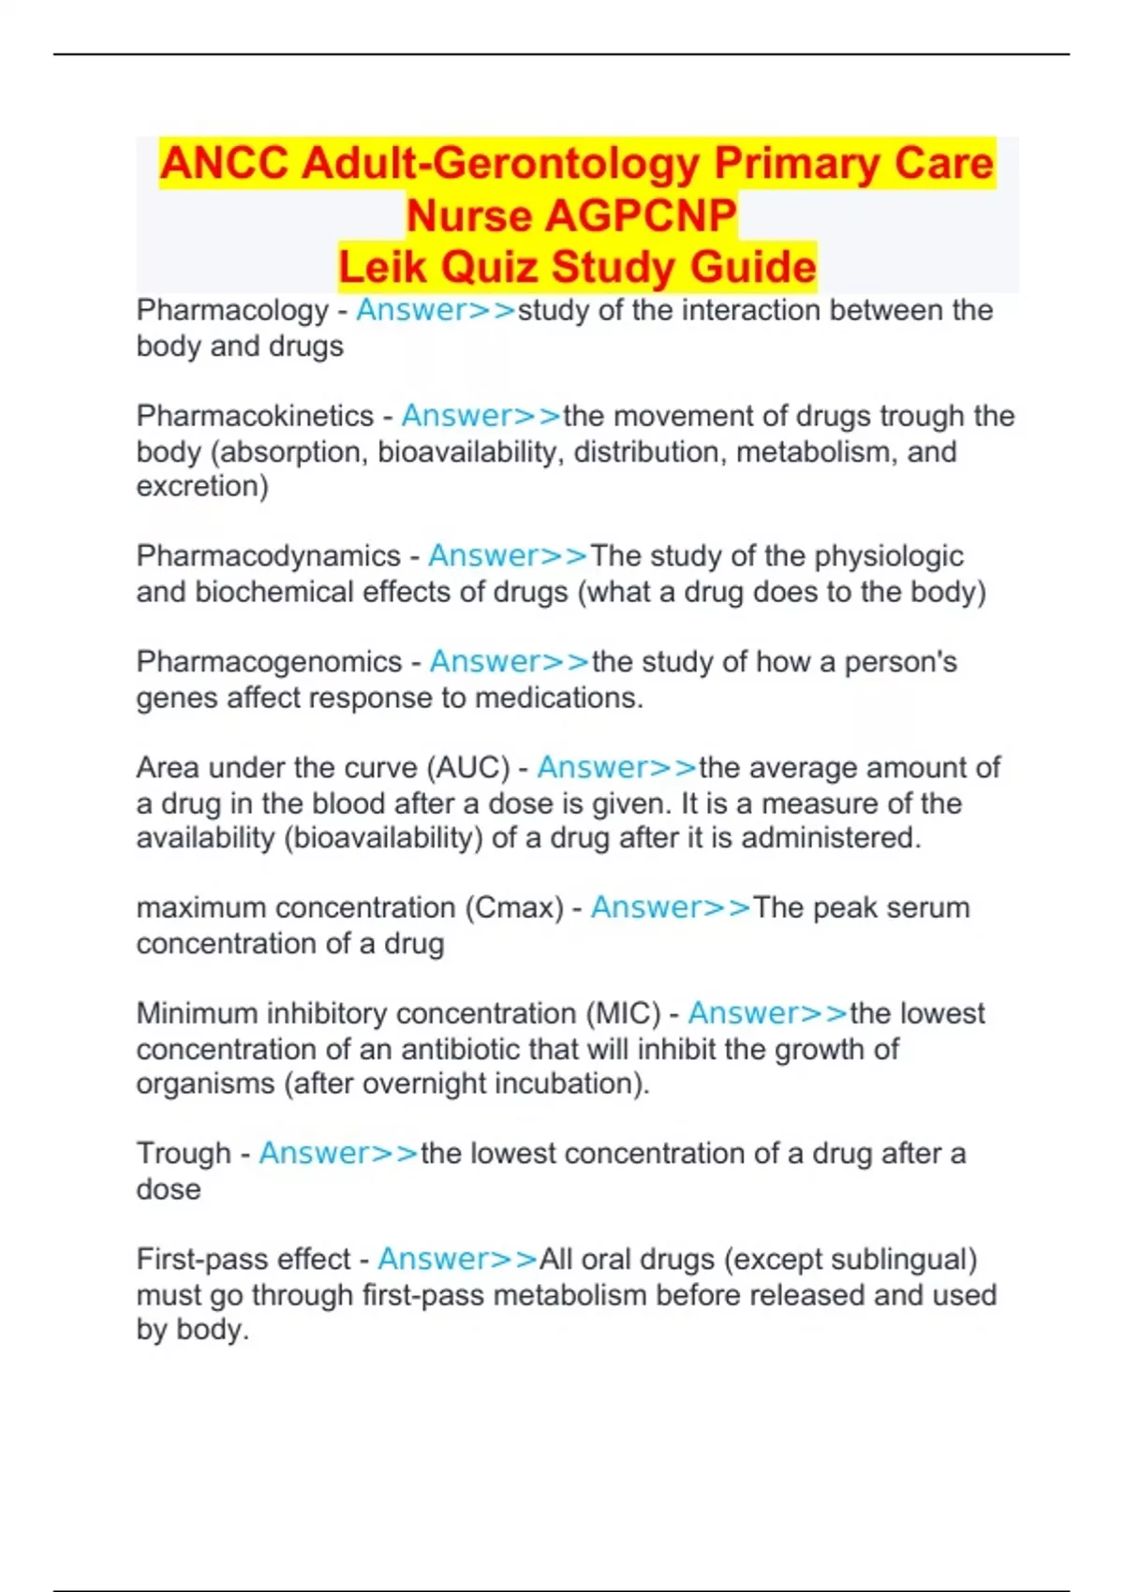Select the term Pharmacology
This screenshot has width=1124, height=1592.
tap(232, 310)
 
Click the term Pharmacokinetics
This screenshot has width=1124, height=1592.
tap(255, 416)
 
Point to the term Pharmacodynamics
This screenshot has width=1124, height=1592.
tap(268, 556)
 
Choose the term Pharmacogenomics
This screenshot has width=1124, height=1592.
tap(269, 662)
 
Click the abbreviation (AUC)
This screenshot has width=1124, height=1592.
tap(468, 768)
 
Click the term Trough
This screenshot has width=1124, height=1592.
tap(184, 1153)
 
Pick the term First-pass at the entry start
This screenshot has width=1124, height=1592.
tap(199, 1260)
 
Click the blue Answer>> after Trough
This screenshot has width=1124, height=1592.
tap(338, 1153)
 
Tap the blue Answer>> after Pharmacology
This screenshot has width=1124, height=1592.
tap(436, 310)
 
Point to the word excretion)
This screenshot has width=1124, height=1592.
tap(202, 486)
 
